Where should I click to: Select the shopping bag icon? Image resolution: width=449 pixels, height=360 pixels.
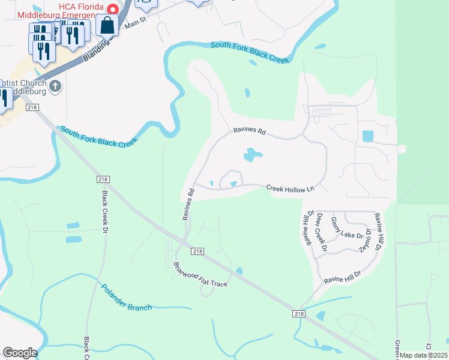[x=107, y=26]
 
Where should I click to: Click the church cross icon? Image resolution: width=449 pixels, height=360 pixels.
[x=55, y=86]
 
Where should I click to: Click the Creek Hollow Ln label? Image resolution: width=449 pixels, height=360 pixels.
[x=291, y=188]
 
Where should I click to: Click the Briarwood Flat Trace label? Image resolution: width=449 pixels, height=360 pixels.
[x=200, y=275]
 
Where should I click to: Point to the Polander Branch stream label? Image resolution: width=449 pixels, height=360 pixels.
[x=126, y=298]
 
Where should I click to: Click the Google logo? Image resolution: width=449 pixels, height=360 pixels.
[x=20, y=353]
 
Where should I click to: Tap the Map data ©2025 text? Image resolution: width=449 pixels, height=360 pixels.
[x=424, y=355]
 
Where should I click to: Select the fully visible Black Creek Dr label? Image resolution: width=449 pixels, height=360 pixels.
[x=105, y=212]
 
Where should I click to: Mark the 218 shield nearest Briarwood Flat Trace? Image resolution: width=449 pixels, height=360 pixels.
[x=197, y=252]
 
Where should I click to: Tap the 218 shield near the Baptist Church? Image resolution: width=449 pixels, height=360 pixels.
[x=32, y=107]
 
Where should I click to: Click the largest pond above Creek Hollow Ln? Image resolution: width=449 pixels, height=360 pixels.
[x=252, y=156]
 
